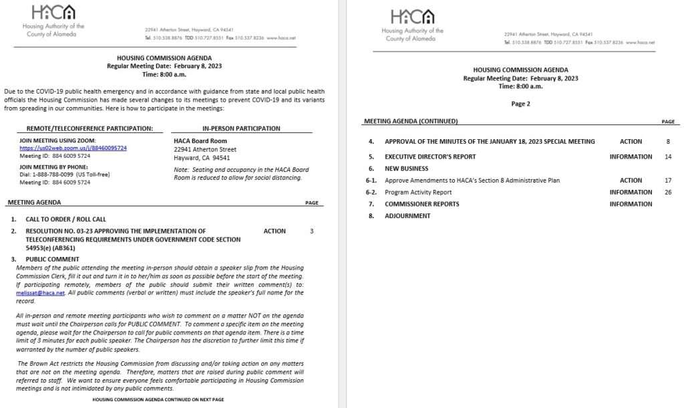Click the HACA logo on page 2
[412, 17]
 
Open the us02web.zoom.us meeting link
[73, 148]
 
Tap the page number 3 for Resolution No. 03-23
[311, 231]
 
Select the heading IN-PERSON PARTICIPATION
[240, 128]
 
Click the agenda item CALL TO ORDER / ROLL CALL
[65, 219]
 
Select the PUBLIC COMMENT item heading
[52, 260]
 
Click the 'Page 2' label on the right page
[520, 104]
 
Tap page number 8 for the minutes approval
[667, 142]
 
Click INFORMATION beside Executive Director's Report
[631, 157]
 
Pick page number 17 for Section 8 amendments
[667, 181]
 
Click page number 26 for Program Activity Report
[667, 193]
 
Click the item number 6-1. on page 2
[372, 181]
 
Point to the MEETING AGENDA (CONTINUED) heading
[411, 122]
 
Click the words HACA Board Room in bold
[200, 141]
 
